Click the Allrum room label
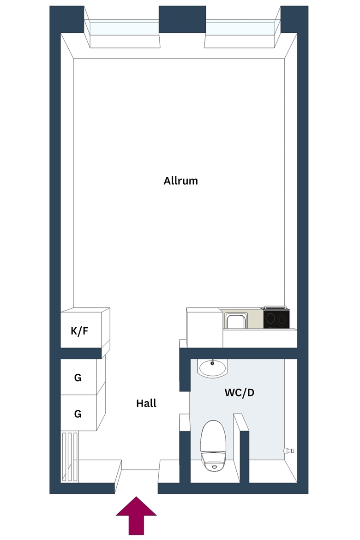180,181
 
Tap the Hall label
146,403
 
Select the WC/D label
240,393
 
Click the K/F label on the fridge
79,331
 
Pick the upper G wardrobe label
78,378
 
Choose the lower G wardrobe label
78,414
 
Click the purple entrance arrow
136,515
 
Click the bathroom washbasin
213,368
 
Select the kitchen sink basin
236,322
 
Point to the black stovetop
276,318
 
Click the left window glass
124,28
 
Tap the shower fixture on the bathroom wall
288,450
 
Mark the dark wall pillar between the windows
182,19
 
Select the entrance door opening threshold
140,470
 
